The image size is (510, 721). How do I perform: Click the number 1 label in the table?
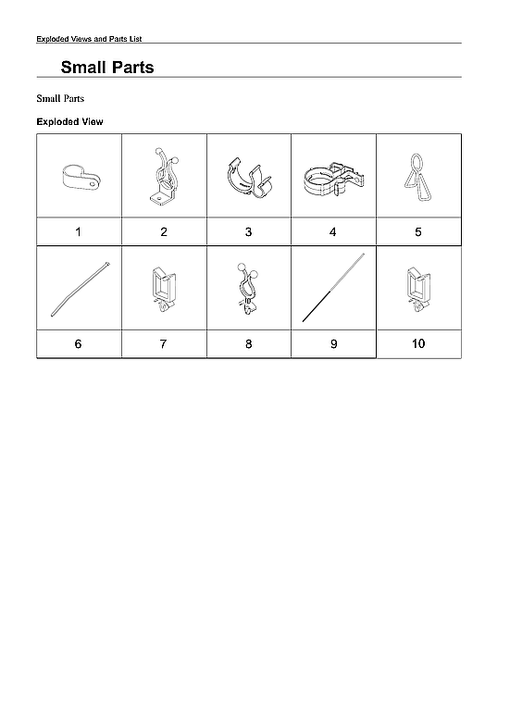pos(79,231)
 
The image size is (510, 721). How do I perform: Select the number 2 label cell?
pos(164,231)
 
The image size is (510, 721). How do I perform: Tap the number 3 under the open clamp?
pos(248,231)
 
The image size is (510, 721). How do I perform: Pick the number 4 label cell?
pos(333,231)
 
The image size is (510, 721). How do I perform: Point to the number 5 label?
pos(418,231)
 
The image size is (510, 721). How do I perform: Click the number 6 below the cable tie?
pos(79,343)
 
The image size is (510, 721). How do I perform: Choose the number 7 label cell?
pos(164,343)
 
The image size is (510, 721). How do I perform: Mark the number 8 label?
pos(248,343)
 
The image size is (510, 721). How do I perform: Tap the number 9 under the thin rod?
pos(333,343)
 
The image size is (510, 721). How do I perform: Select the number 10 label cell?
pos(418,343)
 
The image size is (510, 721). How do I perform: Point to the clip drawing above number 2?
pos(164,176)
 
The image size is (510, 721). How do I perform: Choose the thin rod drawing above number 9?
pos(335,287)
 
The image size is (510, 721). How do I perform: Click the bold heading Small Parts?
pos(107,68)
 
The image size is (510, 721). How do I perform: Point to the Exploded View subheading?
pos(69,121)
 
